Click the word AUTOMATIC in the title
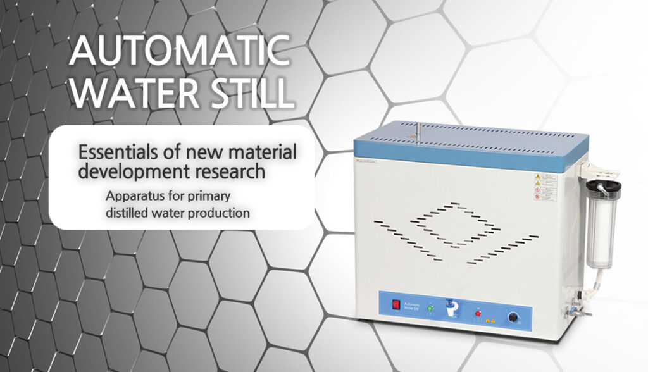[180, 51]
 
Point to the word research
[230, 171]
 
